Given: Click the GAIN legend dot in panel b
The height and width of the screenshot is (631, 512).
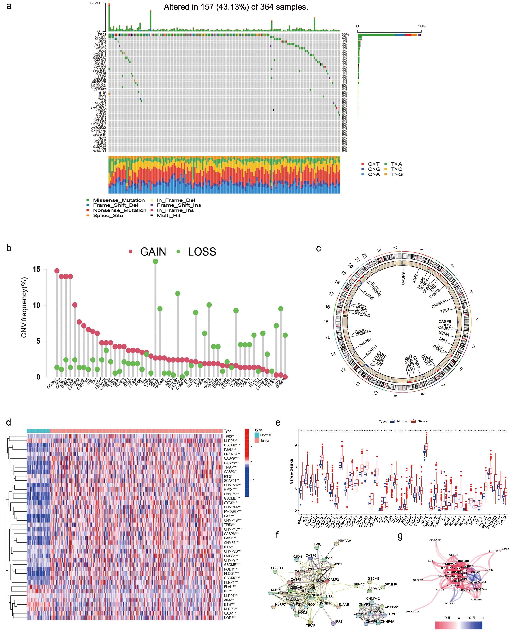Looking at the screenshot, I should [131, 252].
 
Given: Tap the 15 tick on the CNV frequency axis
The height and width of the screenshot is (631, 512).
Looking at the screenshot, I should [37, 269].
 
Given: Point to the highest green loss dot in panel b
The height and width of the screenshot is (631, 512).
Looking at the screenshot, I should [155, 261].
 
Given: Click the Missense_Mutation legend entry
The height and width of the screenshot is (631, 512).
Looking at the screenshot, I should [118, 200].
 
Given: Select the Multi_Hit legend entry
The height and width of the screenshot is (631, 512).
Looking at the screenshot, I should [168, 216].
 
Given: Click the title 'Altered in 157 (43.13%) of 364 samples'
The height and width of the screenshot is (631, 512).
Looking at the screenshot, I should [236, 7].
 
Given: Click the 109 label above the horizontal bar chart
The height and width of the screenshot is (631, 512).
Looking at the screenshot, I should [421, 26].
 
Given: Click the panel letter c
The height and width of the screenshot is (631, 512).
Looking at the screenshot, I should [318, 248].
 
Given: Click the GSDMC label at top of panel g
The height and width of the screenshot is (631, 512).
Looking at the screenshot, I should [435, 540].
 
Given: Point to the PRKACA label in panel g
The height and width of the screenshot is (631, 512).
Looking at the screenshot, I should [412, 611].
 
